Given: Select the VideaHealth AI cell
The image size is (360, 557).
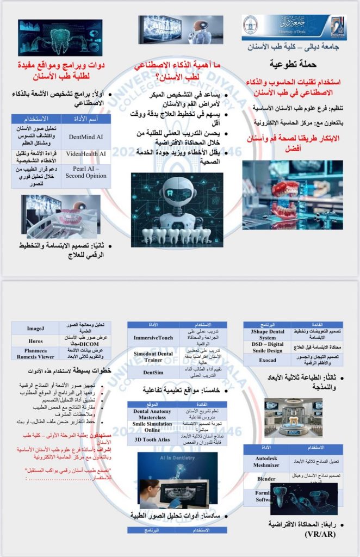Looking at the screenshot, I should tap(86, 154).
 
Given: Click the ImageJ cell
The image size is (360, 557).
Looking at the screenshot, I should tap(35, 329).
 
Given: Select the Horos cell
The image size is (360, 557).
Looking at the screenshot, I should tap(35, 341).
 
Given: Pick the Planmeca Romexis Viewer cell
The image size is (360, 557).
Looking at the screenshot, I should tap(35, 354).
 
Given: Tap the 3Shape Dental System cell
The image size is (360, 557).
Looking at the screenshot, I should tap(266, 334).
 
